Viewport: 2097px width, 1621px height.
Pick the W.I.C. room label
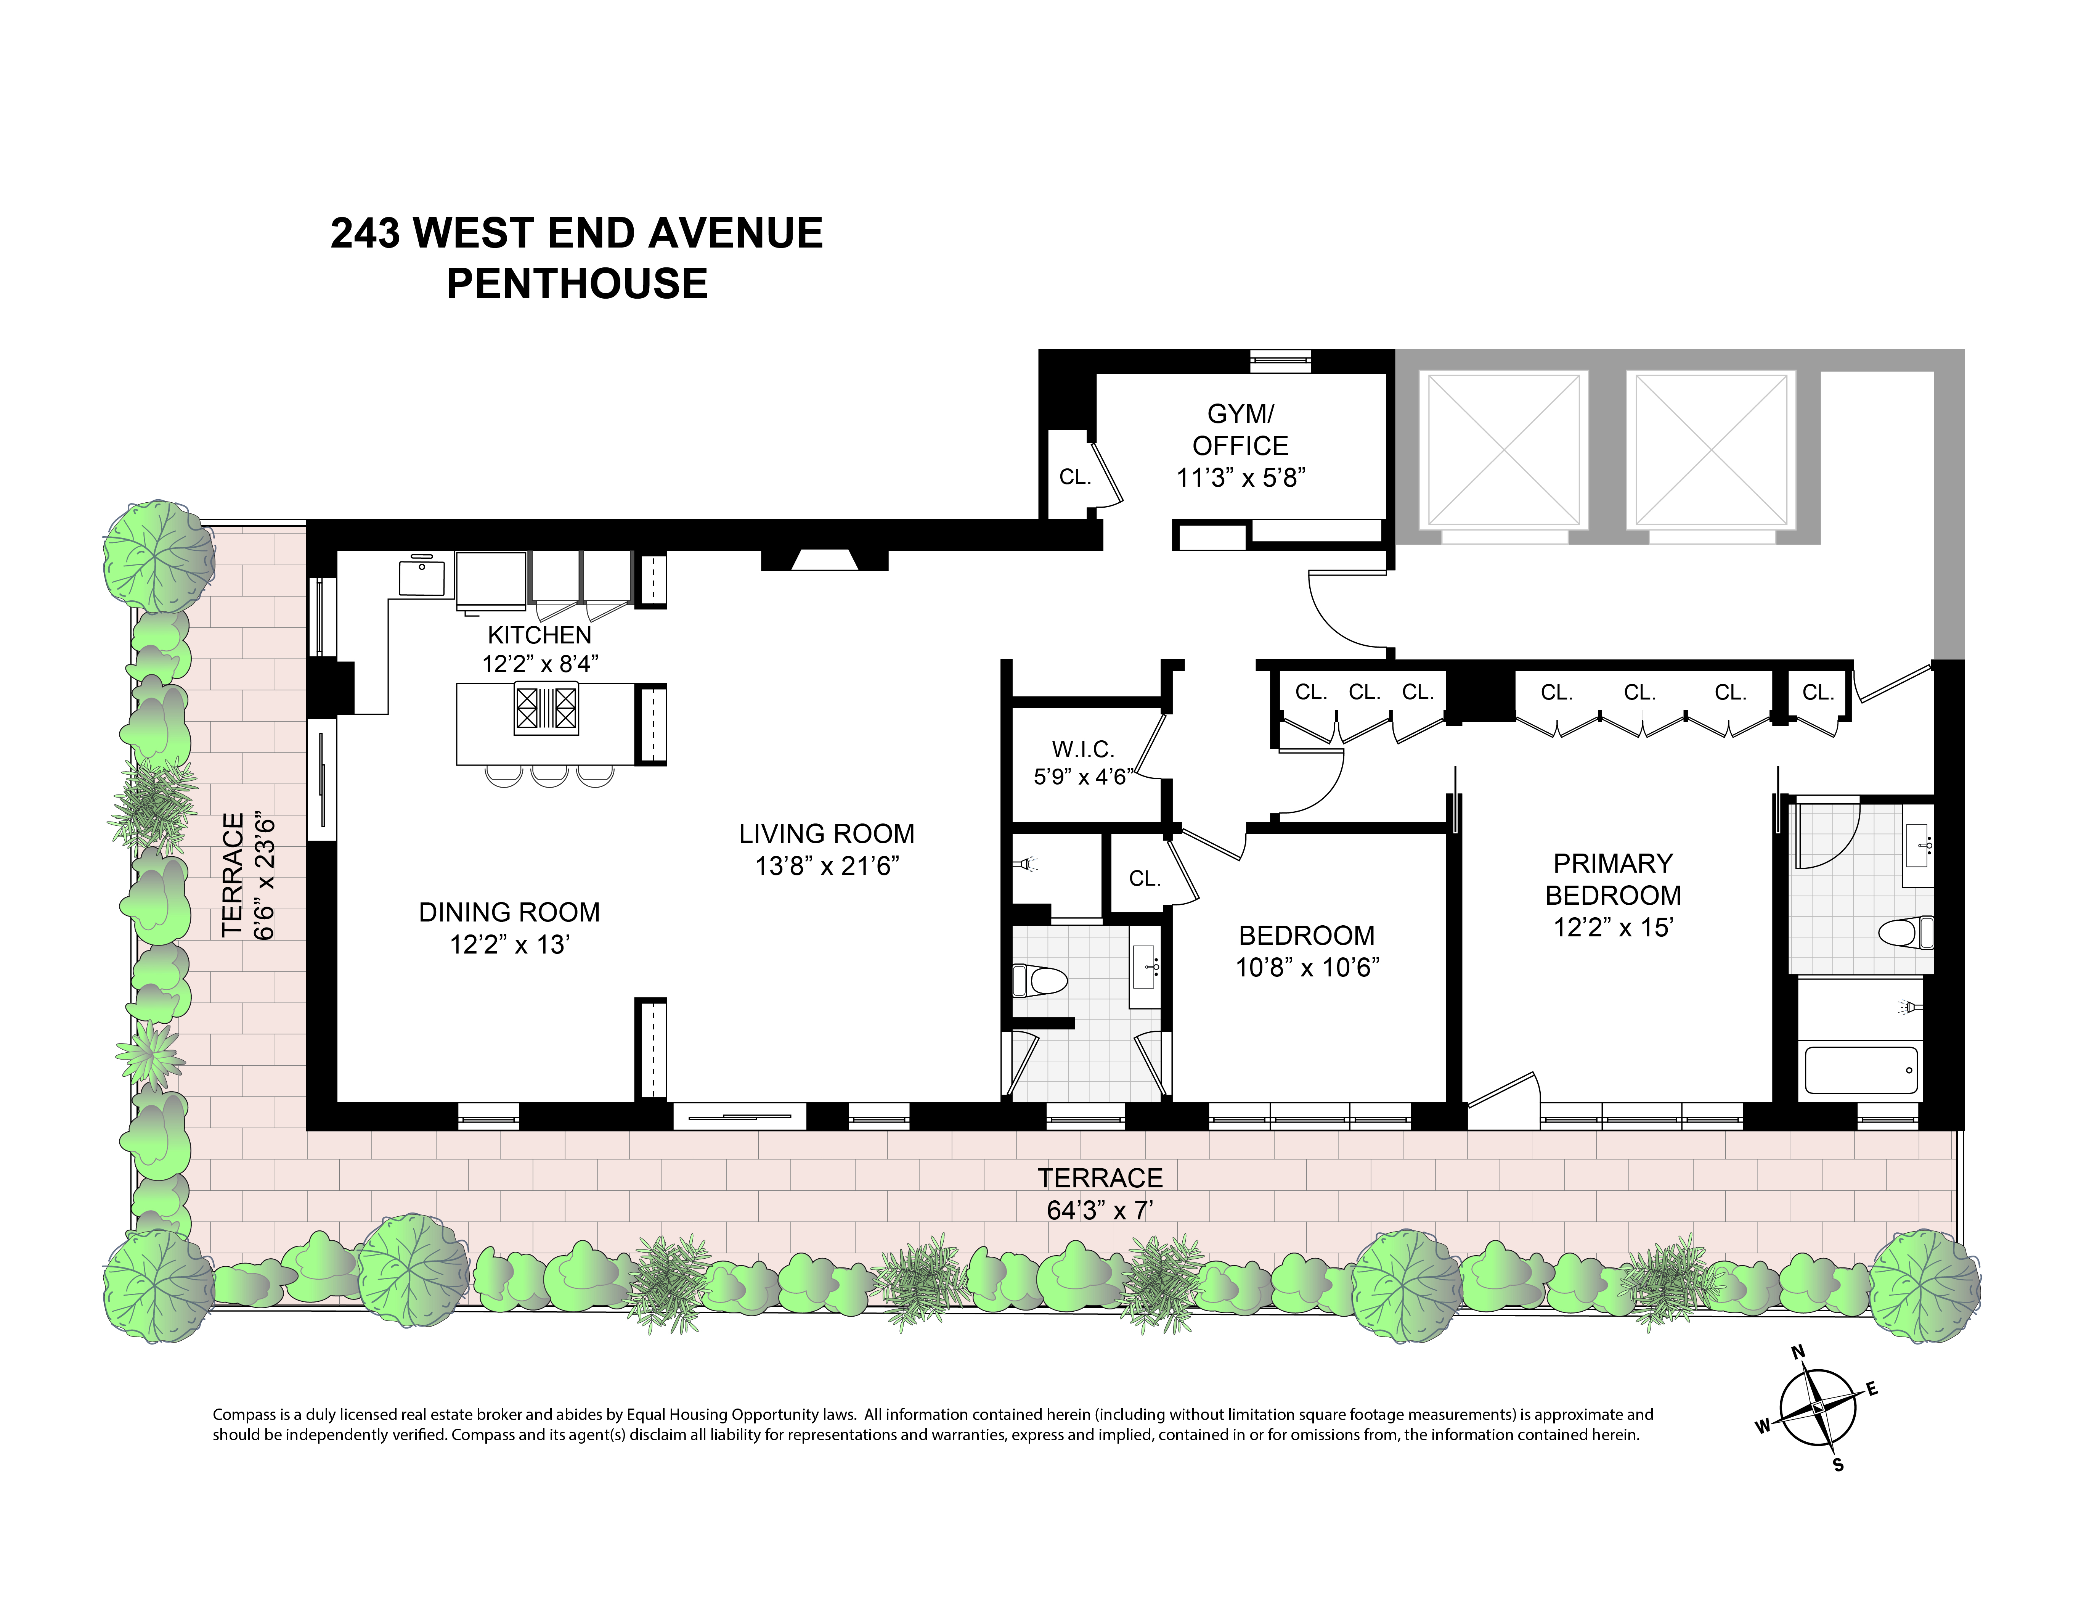point(1082,749)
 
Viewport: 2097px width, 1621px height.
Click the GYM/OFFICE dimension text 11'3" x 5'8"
point(1241,477)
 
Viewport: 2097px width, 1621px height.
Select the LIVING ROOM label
point(826,833)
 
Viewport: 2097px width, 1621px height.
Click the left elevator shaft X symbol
point(1504,450)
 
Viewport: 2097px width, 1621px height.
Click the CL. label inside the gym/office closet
point(1074,477)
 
